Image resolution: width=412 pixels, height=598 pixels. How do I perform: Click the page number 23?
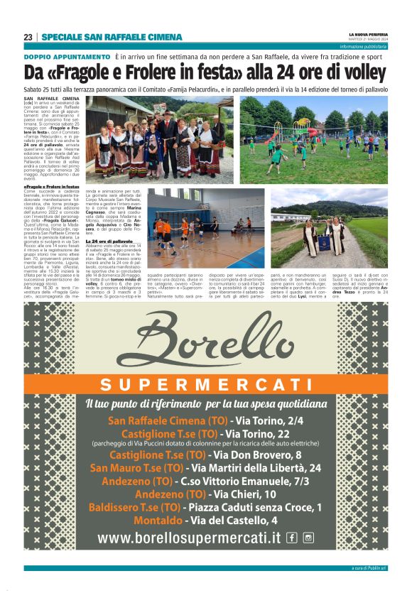tap(28, 37)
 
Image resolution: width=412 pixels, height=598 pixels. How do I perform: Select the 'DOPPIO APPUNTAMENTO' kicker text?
tap(66, 56)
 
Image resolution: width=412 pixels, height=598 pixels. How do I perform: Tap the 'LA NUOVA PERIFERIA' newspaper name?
tap(367, 34)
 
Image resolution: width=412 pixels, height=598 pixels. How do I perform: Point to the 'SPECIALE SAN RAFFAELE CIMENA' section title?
tap(112, 37)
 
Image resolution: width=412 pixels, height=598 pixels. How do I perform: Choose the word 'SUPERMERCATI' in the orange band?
tap(206, 386)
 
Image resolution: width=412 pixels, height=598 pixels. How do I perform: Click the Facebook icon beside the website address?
tap(291, 538)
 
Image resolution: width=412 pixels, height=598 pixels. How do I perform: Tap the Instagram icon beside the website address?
tap(308, 538)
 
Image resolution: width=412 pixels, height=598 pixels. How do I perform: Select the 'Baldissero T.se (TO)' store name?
tap(134, 507)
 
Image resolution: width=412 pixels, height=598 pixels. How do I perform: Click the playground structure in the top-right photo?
tap(310, 129)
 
